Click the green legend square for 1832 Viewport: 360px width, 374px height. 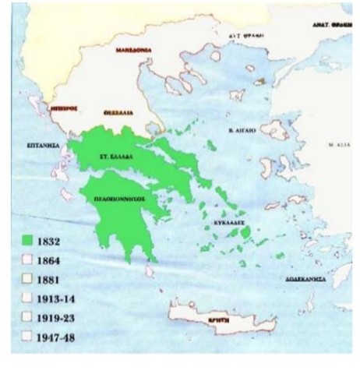point(28,242)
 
